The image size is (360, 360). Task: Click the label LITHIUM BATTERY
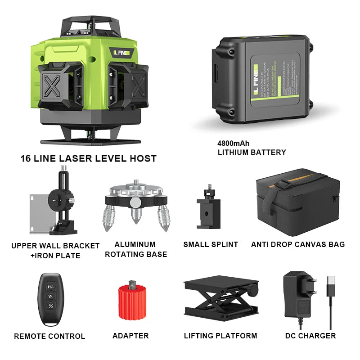[252, 153]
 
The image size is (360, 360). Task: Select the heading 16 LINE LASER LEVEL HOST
[89, 158]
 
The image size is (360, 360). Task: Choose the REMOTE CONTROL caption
[49, 336]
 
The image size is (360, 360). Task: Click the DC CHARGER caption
[310, 336]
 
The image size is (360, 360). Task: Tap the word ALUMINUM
[135, 244]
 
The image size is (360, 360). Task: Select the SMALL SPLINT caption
[211, 244]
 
